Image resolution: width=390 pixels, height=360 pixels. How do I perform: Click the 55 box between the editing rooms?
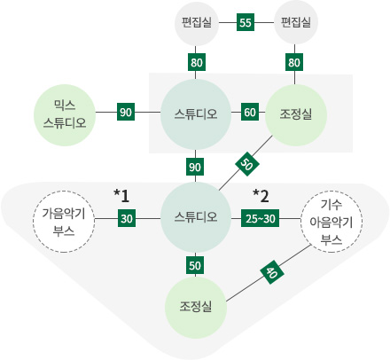[246, 22]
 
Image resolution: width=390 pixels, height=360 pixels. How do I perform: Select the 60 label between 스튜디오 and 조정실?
[250, 112]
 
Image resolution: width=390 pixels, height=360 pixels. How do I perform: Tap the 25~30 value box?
[260, 218]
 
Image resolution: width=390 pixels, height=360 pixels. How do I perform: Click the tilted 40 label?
[272, 272]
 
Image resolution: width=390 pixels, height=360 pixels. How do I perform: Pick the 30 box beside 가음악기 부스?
[127, 218]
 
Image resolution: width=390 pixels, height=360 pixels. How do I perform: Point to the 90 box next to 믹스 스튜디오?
[126, 112]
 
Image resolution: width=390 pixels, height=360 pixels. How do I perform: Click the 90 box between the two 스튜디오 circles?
[195, 168]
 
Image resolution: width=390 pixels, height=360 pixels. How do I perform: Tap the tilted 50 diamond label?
[246, 164]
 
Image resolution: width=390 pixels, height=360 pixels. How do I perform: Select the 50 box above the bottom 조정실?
[195, 265]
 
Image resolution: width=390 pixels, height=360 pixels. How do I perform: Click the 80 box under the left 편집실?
[197, 62]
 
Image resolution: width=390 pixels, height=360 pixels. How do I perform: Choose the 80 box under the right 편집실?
[294, 62]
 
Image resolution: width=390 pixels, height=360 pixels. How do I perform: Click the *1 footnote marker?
[121, 196]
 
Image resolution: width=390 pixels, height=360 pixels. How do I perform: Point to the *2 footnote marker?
[261, 196]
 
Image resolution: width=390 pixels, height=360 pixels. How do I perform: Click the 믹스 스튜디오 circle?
[65, 115]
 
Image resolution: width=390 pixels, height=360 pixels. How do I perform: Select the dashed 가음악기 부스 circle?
[64, 222]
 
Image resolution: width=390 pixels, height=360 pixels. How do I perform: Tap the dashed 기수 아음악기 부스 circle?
[331, 222]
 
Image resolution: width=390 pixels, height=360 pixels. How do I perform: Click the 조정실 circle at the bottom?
[196, 308]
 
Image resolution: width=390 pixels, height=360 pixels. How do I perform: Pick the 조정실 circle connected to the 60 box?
[296, 115]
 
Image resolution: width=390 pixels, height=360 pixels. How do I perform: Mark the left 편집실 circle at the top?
[197, 22]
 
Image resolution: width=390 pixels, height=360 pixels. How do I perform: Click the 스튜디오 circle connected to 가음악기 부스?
[196, 217]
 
